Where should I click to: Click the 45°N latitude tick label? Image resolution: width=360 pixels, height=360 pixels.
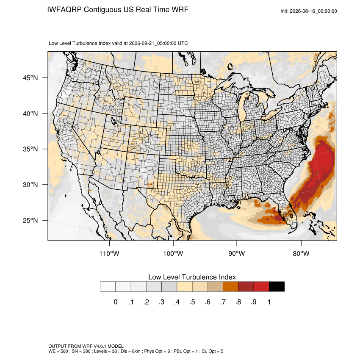[30, 78]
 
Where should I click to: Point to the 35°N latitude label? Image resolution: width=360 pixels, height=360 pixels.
[30, 149]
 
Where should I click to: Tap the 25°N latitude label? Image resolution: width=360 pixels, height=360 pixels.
[30, 220]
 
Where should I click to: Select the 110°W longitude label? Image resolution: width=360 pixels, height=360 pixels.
[109, 253]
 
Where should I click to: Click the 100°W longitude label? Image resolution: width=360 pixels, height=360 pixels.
[173, 253]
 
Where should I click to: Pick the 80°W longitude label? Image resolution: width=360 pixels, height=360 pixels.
[301, 253]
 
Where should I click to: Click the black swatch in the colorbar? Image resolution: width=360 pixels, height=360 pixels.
[277, 287]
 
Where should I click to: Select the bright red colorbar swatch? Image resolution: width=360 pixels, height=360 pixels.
[261, 287]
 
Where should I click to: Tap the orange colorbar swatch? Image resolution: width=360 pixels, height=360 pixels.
[230, 287]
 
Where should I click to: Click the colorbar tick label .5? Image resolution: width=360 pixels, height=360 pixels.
[192, 302]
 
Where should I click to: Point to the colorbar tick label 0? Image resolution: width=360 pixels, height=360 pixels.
[116, 302]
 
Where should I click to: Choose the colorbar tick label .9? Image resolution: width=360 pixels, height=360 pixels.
[253, 302]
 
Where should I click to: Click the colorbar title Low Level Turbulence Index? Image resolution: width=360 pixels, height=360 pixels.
[192, 277]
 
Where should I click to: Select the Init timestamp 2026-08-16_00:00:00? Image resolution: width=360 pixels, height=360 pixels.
[313, 11]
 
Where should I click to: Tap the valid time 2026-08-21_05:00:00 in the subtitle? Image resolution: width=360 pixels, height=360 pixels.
[152, 43]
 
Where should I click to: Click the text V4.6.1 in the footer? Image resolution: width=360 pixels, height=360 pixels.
[100, 346]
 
